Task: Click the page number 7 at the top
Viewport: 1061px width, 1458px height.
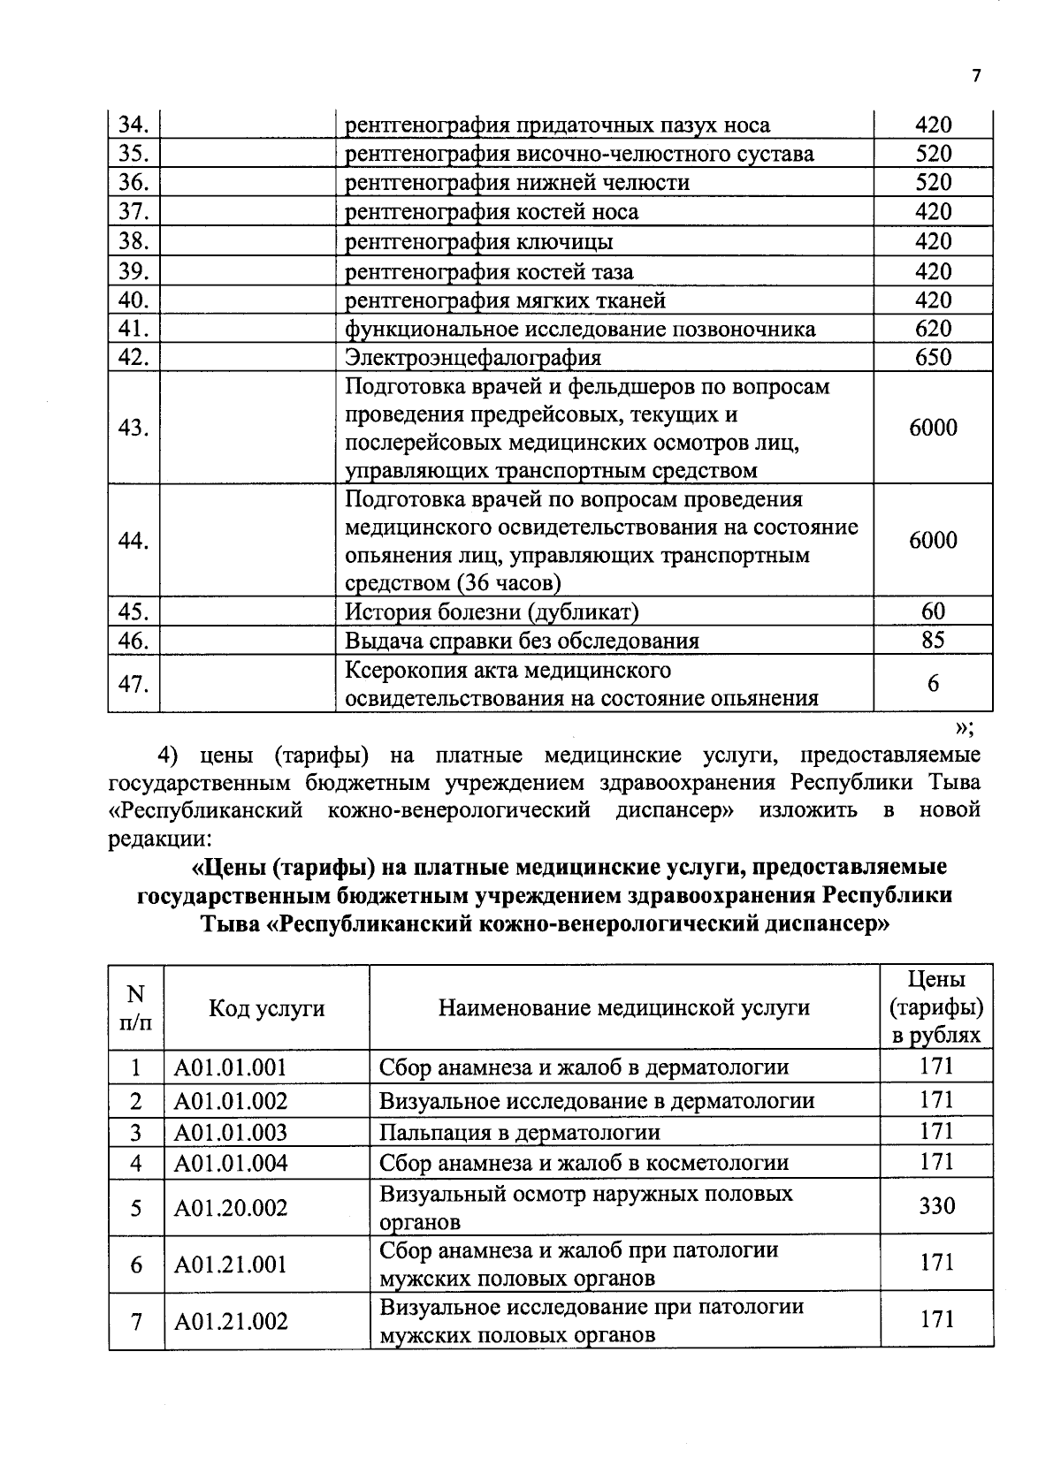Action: (976, 76)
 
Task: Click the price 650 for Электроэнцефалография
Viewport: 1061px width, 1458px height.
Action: (933, 358)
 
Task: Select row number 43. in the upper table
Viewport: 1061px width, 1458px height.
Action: (133, 428)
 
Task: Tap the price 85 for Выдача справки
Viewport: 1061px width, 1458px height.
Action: (933, 640)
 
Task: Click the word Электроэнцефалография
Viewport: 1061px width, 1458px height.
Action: (472, 358)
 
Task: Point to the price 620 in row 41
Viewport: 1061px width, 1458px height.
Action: (933, 329)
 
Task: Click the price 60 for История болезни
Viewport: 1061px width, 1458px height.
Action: (933, 611)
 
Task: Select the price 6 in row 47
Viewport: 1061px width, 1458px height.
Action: (933, 683)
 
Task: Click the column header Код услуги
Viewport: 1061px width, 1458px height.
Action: (266, 1008)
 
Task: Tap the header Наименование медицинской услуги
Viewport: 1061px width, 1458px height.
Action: (623, 1008)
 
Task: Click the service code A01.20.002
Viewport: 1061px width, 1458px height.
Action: (231, 1208)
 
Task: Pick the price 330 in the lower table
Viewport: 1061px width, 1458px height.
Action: (936, 1206)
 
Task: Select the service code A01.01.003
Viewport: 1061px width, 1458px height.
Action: (231, 1133)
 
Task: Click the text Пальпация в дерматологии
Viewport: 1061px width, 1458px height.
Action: (519, 1133)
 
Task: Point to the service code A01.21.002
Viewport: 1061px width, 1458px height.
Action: (231, 1322)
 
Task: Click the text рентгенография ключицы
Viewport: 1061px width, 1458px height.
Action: (478, 241)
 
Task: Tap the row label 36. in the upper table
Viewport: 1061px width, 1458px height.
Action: (133, 183)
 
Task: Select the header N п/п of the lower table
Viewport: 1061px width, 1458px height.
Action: (135, 1008)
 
